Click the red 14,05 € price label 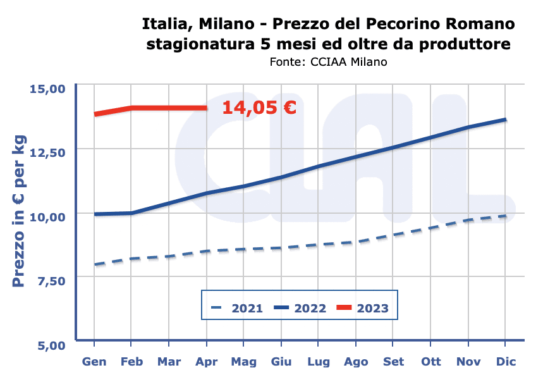point(259,108)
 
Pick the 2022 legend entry point(300,309)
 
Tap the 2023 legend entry point(362,309)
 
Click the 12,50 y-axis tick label point(48,152)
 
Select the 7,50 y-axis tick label point(52,280)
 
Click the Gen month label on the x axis point(94,362)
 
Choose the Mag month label point(243,362)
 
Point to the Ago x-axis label point(356,362)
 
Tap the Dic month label point(506,362)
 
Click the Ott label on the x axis point(431,362)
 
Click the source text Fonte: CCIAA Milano point(328,62)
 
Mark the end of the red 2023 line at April point(206,108)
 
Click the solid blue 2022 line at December point(505,120)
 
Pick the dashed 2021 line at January point(95,264)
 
